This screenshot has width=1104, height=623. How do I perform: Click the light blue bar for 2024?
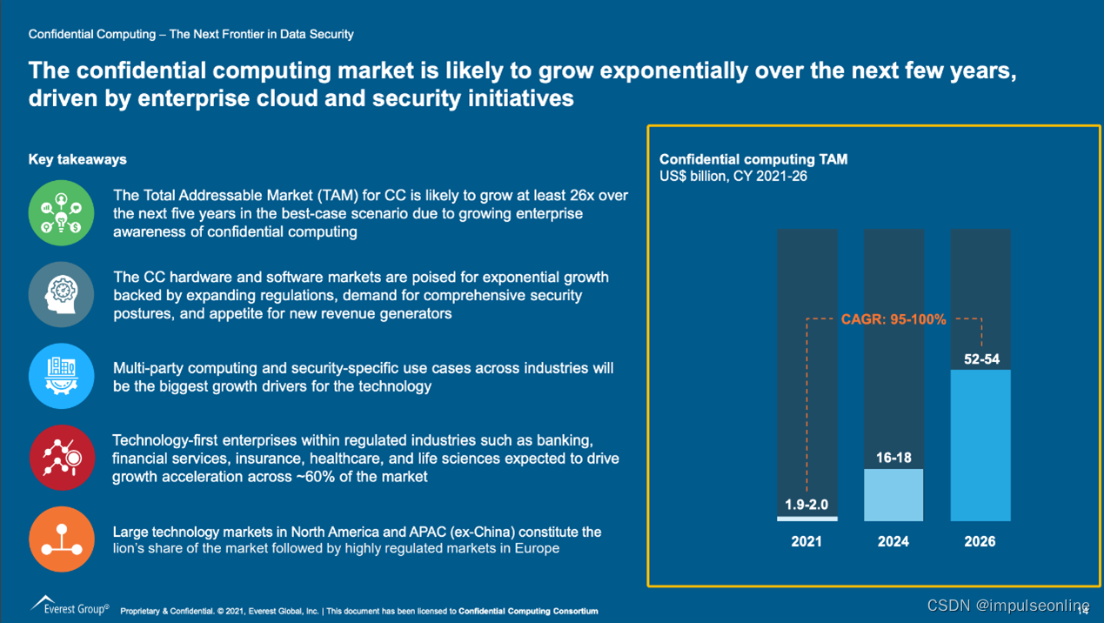[x=893, y=494]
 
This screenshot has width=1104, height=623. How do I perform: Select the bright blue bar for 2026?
[x=980, y=445]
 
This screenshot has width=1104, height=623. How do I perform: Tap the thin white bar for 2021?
[x=806, y=519]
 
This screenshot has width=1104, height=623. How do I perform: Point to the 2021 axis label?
[x=806, y=541]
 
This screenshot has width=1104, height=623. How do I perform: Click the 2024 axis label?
[x=893, y=541]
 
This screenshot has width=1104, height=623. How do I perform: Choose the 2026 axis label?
[x=980, y=541]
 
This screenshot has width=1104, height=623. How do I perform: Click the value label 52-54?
[x=981, y=358]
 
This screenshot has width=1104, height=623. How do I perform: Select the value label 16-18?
[x=893, y=458]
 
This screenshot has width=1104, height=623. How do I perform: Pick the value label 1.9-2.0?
[x=806, y=505]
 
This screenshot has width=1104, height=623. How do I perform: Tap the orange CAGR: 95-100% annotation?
[x=893, y=319]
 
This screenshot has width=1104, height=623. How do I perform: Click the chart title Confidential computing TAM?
[x=753, y=159]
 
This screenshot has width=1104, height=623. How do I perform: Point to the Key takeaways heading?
[x=77, y=159]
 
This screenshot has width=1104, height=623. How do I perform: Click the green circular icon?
[x=61, y=213]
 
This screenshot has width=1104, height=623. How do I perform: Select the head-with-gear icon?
[x=61, y=294]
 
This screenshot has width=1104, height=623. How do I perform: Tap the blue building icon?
[x=61, y=376]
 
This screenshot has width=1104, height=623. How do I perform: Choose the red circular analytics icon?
[x=61, y=458]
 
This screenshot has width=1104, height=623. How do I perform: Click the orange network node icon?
[x=61, y=539]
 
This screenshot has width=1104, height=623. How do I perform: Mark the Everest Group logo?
[x=70, y=606]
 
